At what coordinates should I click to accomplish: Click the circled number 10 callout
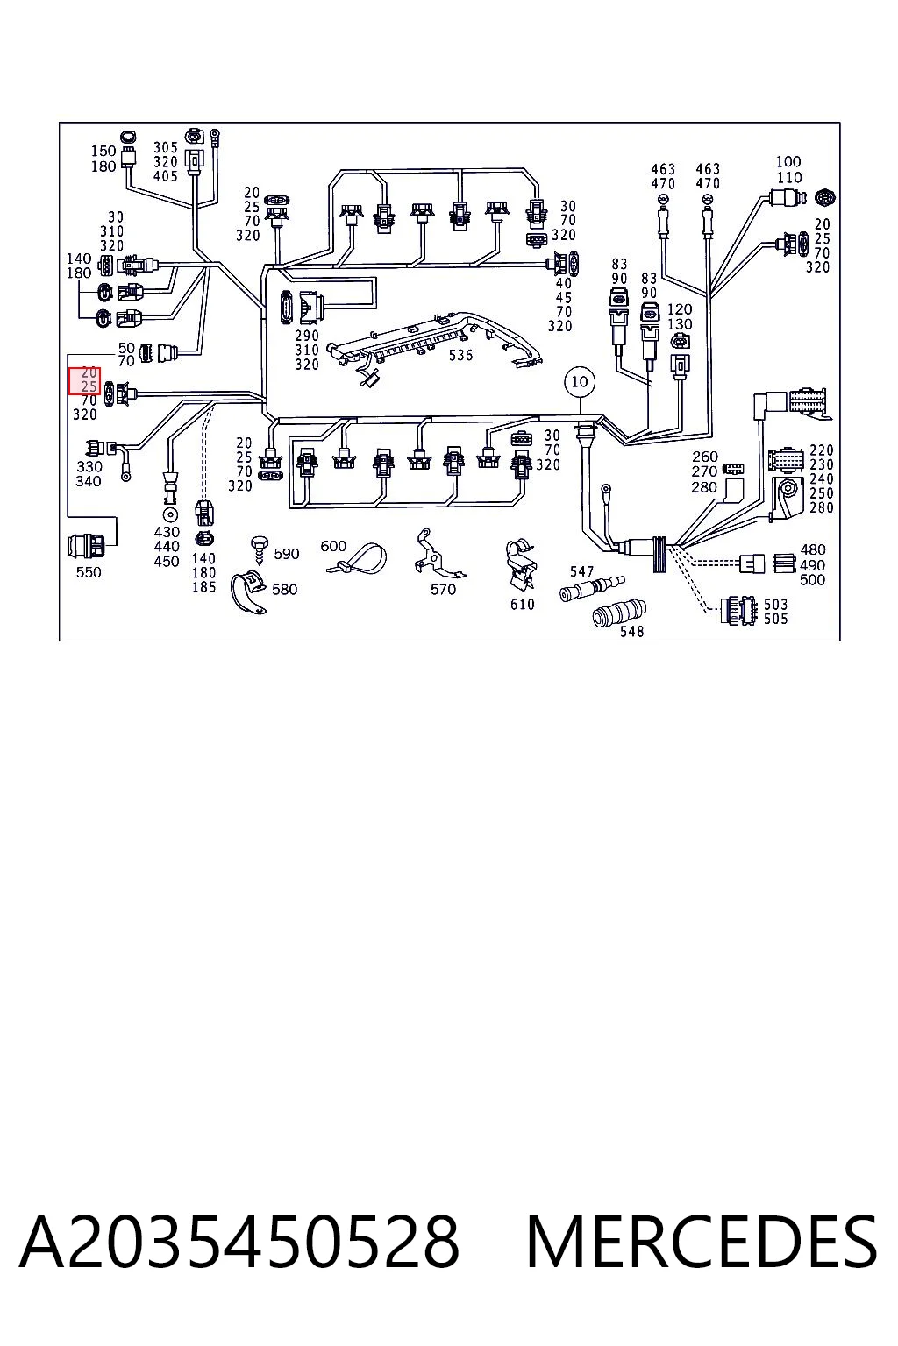pyautogui.click(x=579, y=381)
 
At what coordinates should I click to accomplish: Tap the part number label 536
pyautogui.click(x=460, y=355)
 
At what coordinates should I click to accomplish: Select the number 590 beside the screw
pyautogui.click(x=286, y=554)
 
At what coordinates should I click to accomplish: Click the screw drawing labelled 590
pyautogui.click(x=260, y=549)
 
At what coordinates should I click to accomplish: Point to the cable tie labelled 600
pyautogui.click(x=356, y=559)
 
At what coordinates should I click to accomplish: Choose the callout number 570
pyautogui.click(x=443, y=590)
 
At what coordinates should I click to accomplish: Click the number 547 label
pyautogui.click(x=581, y=571)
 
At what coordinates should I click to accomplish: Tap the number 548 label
pyautogui.click(x=631, y=631)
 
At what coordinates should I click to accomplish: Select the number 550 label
pyautogui.click(x=89, y=572)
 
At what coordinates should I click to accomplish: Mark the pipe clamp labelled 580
pyautogui.click(x=248, y=592)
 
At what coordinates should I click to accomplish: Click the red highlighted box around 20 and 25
pyautogui.click(x=84, y=381)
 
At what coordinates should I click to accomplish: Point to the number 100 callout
pyautogui.click(x=788, y=161)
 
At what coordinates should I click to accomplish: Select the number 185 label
pyautogui.click(x=203, y=587)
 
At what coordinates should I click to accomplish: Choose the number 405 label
pyautogui.click(x=166, y=176)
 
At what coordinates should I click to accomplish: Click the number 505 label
pyautogui.click(x=775, y=619)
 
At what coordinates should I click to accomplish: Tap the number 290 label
pyautogui.click(x=307, y=336)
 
